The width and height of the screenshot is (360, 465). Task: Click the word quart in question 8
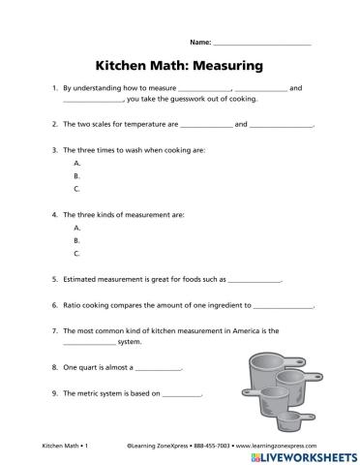[x=89, y=368]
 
